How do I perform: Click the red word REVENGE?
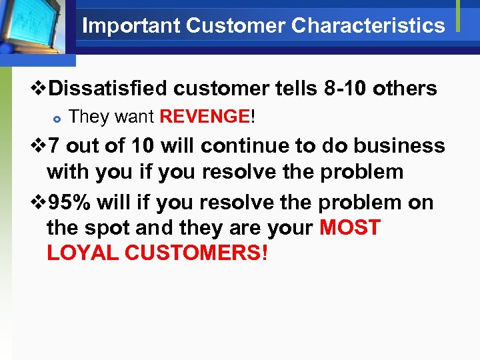click(204, 117)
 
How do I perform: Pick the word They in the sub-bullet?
click(89, 117)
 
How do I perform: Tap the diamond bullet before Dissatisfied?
click(39, 89)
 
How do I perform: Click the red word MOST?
click(349, 228)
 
